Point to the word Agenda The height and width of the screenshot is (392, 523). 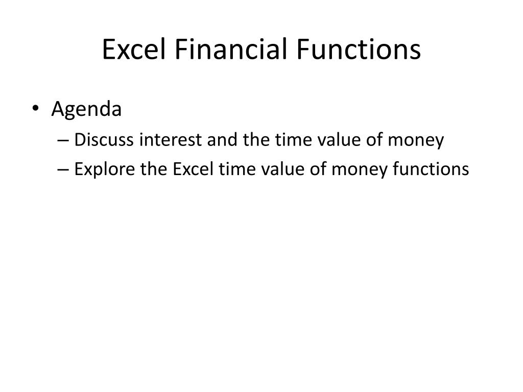click(86, 110)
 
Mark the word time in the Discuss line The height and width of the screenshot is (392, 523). click(289, 140)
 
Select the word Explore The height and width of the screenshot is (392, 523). click(104, 169)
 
